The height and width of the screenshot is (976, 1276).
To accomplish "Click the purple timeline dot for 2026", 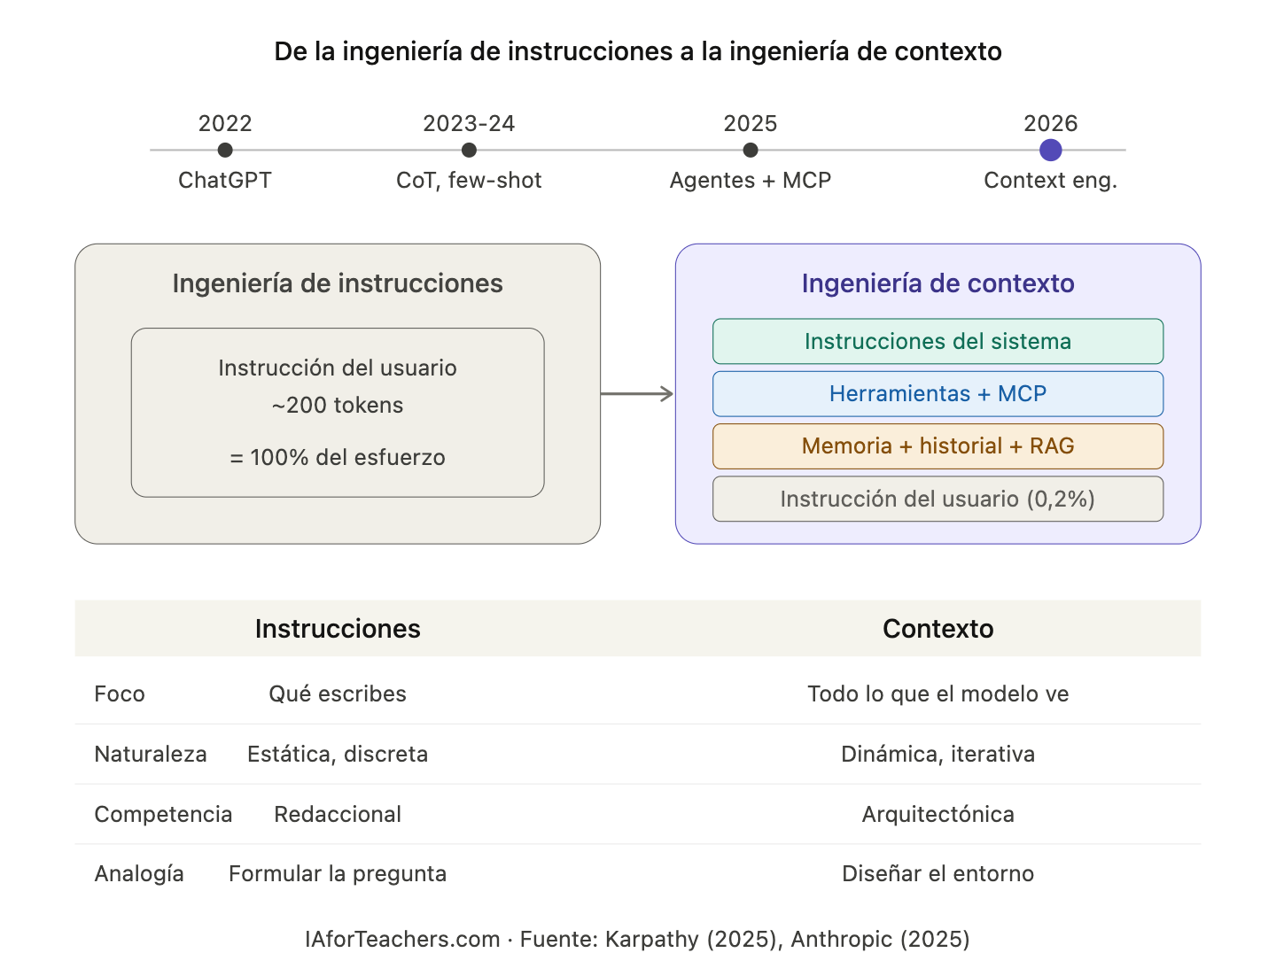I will (x=1050, y=151).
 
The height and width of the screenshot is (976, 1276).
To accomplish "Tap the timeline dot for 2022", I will (x=225, y=151).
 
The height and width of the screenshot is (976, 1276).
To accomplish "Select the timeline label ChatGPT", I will (x=225, y=181).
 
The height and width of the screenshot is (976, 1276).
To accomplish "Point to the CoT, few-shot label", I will (x=469, y=181).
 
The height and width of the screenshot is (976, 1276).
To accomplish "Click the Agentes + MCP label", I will (x=751, y=181).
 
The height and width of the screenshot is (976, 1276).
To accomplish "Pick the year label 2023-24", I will (x=469, y=123).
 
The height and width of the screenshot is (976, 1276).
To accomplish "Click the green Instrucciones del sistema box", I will (x=938, y=341).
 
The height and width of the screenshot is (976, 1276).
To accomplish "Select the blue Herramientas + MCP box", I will (x=938, y=393).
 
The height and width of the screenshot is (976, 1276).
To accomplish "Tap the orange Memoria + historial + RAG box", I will (x=938, y=445).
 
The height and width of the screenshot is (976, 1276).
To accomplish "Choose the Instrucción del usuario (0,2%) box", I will (x=938, y=499).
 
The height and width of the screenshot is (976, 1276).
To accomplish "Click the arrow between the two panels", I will (x=638, y=394).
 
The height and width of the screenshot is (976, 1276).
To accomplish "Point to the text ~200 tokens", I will (x=338, y=406).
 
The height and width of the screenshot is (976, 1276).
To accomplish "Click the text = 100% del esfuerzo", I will (x=338, y=458).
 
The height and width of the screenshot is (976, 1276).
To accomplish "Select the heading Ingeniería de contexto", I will (x=938, y=283).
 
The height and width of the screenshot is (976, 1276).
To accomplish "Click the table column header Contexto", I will (x=938, y=629).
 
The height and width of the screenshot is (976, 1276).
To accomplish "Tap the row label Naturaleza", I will (x=151, y=755).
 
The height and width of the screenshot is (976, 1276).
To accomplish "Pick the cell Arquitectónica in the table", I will (x=938, y=815).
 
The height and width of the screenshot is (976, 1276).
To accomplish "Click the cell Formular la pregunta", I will (x=338, y=874).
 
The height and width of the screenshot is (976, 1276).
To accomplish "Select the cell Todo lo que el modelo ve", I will (x=938, y=694).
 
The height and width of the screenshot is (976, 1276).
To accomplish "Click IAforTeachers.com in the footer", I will (x=403, y=940).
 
